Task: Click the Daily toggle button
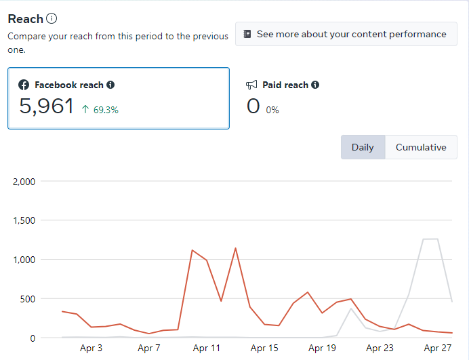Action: coord(363,147)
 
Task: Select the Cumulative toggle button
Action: coord(421,147)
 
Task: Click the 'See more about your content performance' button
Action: coord(346,34)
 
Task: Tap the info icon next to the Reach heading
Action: coord(52,19)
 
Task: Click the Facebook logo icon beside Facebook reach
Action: coord(24,85)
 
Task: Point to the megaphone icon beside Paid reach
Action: coord(251,85)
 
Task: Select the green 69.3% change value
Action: coord(100,109)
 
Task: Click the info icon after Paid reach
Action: coord(315,85)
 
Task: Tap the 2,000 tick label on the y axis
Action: coord(24,182)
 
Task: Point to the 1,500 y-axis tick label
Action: coord(24,220)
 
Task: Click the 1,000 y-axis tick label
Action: coord(24,260)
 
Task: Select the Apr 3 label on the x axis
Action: coord(91,348)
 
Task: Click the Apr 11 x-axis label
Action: coord(207,348)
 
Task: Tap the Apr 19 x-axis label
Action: coord(322,348)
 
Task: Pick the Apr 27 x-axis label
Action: coord(437,348)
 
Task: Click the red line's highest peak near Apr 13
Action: coord(235,248)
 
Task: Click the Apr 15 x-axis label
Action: coord(264,348)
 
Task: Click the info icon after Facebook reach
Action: coord(110,85)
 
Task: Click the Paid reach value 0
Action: coord(253,106)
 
